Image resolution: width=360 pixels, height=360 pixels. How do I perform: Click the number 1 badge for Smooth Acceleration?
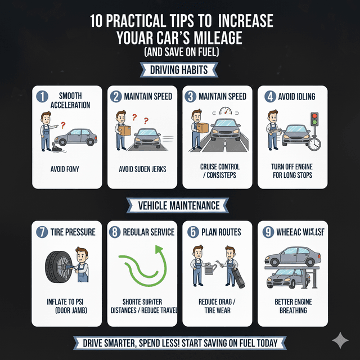[x=43, y=96]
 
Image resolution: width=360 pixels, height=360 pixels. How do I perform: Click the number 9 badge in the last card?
[x=269, y=232]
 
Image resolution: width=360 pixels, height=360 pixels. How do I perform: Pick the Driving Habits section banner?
[x=179, y=70]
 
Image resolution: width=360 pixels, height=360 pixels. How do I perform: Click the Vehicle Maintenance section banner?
[x=179, y=205]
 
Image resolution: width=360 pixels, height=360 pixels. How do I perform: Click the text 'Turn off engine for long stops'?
[x=291, y=171]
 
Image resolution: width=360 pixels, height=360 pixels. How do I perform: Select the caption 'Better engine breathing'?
[x=292, y=306]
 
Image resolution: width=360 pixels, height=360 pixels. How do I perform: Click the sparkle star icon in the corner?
[x=340, y=340]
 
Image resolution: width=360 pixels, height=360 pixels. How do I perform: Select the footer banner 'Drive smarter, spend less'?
[x=179, y=343]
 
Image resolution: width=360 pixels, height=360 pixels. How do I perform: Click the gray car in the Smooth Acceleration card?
[x=76, y=138]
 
